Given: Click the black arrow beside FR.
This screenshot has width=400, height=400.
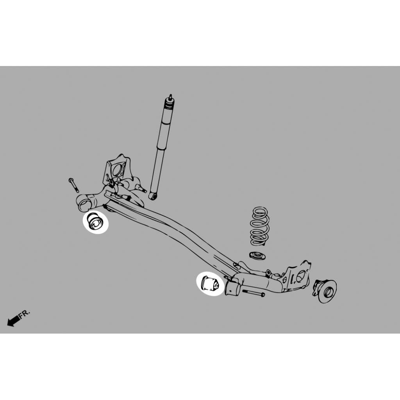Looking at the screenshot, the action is click(14, 320).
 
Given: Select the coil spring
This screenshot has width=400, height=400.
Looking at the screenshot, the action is click(260, 226).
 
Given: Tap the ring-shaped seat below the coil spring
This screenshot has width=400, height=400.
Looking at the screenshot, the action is click(257, 255).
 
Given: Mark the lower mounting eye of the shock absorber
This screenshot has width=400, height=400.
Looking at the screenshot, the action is click(153, 196).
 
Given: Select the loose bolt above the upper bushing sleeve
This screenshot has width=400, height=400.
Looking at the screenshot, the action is click(74, 185).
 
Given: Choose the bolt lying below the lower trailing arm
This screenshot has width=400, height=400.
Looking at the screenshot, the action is click(253, 293).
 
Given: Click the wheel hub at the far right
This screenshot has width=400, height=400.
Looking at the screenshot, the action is click(325, 291).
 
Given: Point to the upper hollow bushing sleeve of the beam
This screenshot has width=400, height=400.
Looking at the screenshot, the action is click(85, 203).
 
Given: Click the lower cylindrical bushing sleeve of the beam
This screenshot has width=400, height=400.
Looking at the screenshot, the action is click(232, 288).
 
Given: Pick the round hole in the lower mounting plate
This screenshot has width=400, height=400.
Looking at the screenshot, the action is click(300, 276).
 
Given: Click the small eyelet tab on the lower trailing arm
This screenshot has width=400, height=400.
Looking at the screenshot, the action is click(268, 273).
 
